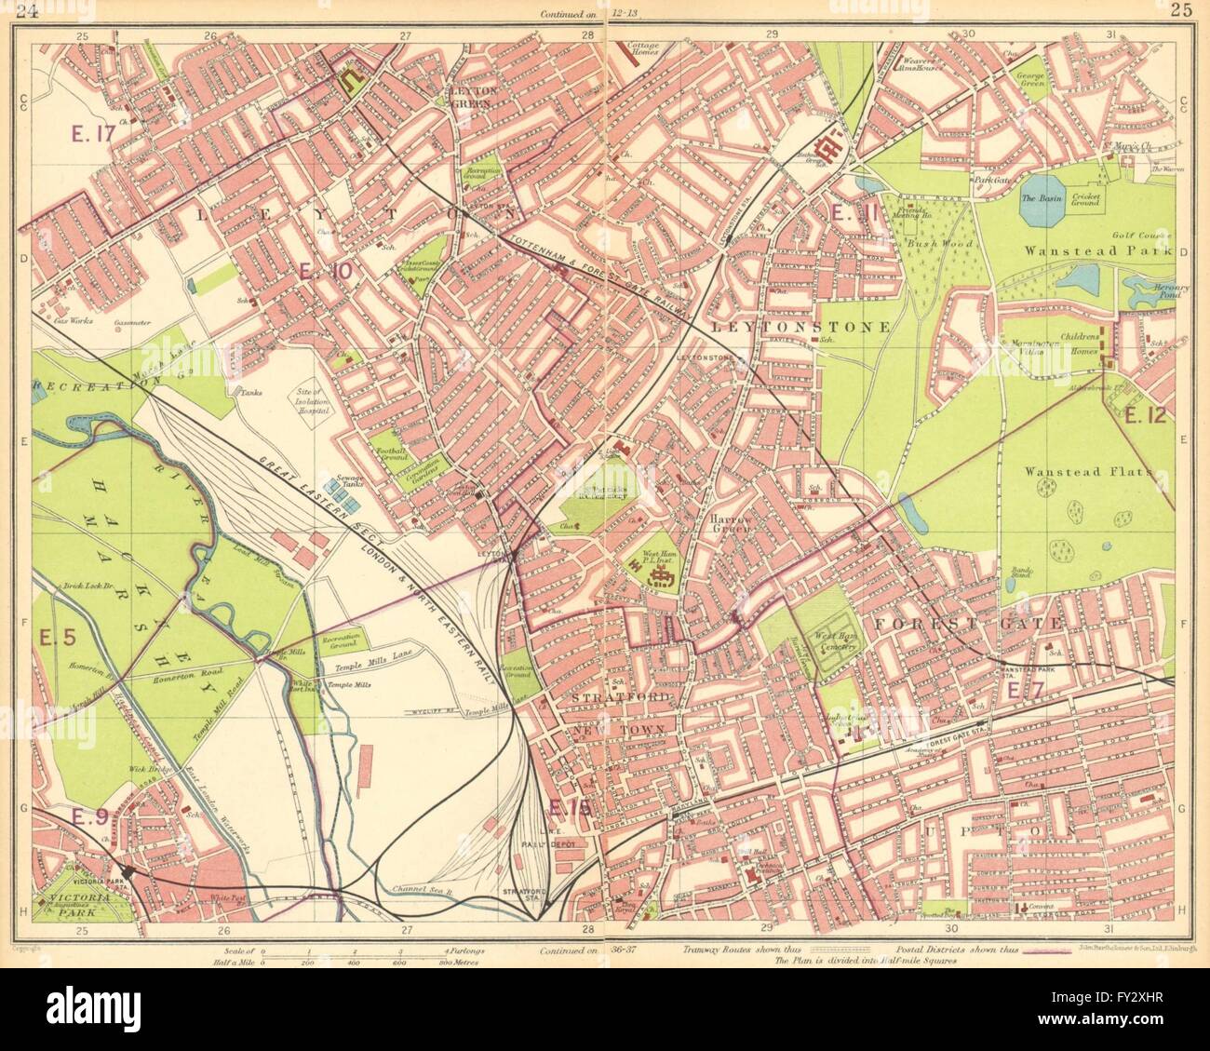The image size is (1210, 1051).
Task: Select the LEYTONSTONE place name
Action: [x=800, y=328]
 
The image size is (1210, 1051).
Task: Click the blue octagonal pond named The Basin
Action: [x=1042, y=198]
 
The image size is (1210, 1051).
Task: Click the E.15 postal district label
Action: [x=570, y=810]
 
